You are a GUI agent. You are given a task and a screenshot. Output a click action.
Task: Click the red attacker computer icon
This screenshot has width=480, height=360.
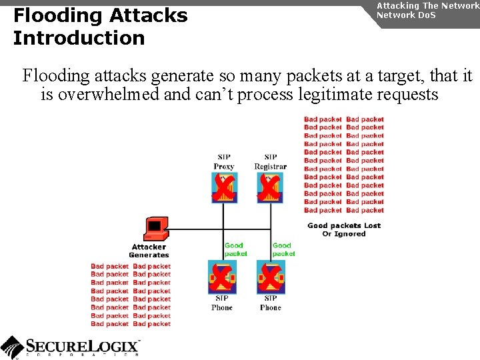pyautogui.click(x=155, y=229)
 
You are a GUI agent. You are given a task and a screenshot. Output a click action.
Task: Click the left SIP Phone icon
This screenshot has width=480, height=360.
pyautogui.click(x=221, y=276)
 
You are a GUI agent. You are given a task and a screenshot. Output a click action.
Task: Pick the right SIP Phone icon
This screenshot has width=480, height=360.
pyautogui.click(x=271, y=276)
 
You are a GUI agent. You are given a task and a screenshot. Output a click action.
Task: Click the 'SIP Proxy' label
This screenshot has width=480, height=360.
pyautogui.click(x=223, y=161)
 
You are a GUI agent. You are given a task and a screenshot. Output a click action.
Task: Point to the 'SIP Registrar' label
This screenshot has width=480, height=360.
pyautogui.click(x=270, y=161)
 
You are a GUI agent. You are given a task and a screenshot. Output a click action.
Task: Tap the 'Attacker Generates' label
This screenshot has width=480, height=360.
pyautogui.click(x=149, y=251)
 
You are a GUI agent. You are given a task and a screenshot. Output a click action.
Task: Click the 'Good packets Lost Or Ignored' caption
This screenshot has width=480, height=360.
pyautogui.click(x=344, y=229)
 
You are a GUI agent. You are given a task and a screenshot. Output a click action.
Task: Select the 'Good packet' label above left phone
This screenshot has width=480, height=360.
pyautogui.click(x=235, y=249)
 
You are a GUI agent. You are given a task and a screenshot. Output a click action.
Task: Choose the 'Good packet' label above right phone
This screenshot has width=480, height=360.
pyautogui.click(x=283, y=249)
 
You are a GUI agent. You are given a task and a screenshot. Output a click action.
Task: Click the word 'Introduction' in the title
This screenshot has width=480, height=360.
pyautogui.click(x=79, y=38)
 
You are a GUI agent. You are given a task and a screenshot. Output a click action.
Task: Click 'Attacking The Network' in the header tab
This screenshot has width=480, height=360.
pyautogui.click(x=427, y=5)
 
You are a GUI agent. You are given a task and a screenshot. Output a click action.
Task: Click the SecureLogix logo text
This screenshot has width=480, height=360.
pyautogui.click(x=83, y=346)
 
